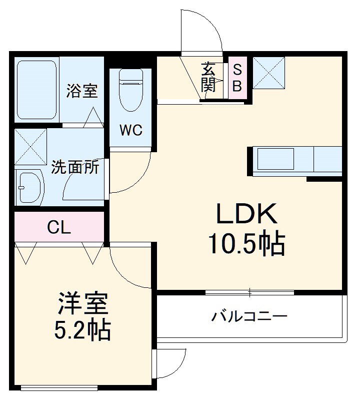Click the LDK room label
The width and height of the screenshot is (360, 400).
click(x=246, y=215)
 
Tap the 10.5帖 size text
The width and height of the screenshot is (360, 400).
click(x=246, y=244)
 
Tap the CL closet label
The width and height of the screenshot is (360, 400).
click(x=59, y=228)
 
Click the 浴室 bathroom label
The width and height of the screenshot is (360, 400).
click(x=82, y=92)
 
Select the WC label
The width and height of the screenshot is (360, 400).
click(x=130, y=131)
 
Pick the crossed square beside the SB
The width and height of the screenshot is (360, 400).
click(x=269, y=73)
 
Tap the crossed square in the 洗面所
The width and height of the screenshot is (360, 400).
click(x=30, y=146)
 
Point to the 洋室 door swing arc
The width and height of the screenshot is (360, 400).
click(x=127, y=268)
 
